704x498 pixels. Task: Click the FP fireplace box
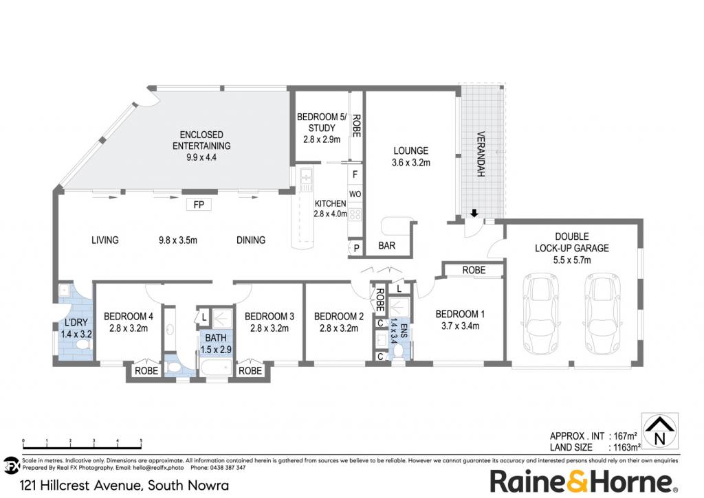(199, 205)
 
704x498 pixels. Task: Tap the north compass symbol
(659, 431)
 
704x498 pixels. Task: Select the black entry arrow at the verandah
(474, 213)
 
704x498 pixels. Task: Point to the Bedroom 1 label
(460, 314)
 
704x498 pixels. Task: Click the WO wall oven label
(355, 194)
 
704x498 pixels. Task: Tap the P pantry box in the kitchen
(357, 248)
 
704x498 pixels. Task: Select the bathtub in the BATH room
(215, 368)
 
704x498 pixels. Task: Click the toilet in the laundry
(82, 345)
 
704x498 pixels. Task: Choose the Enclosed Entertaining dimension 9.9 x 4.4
(201, 157)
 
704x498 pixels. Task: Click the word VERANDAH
(480, 154)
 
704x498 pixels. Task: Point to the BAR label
(386, 245)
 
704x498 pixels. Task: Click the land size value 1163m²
(624, 447)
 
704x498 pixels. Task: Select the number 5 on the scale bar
(141, 441)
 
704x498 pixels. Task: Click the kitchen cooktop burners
(355, 214)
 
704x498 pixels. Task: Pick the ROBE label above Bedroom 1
(474, 270)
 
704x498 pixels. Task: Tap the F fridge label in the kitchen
(355, 174)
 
